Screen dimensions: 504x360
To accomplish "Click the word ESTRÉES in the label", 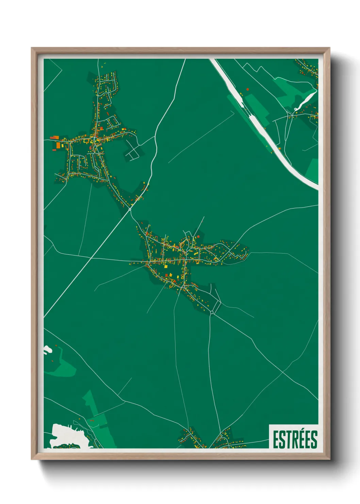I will point(295,439).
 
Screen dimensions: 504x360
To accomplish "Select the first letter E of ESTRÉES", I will point(276,440).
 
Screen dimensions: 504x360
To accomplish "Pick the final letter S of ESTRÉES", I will point(314,440).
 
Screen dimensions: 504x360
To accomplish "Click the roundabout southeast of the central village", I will point(212,312).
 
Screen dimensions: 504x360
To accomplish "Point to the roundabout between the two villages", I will point(130,210).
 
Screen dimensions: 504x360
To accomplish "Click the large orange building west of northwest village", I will point(58,145).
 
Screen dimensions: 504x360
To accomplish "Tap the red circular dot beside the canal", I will point(247,89).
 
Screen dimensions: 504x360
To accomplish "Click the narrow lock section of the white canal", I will point(253,119).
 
